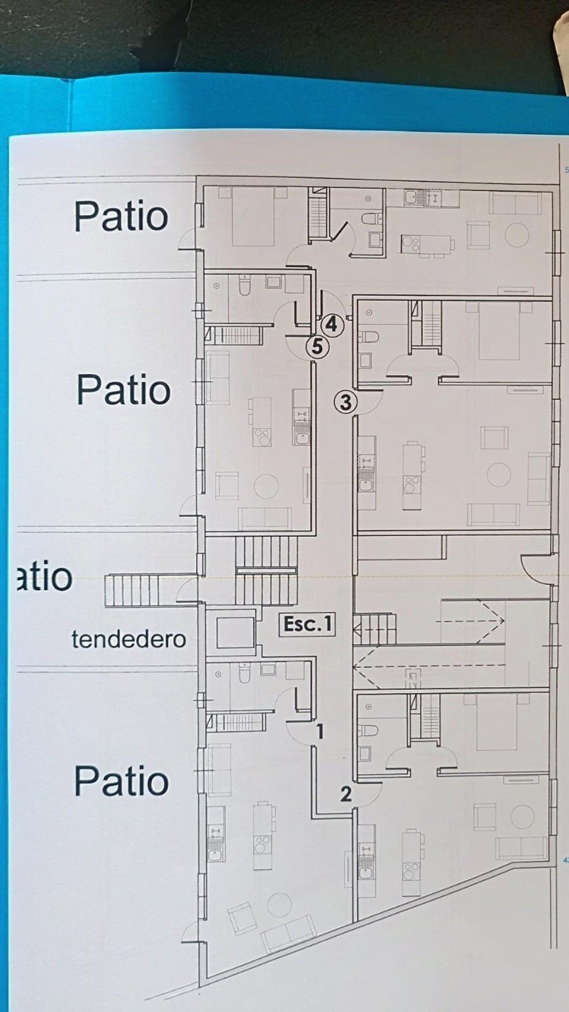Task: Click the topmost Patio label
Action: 121,216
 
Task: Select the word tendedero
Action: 129,639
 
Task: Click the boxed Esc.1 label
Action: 307,624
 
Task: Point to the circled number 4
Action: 331,324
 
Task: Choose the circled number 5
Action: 317,347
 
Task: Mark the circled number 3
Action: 345,402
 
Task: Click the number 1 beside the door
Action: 320,731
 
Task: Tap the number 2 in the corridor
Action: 345,794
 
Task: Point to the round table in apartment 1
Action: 279,905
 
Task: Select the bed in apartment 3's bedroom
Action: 499,330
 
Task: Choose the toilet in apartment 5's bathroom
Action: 245,285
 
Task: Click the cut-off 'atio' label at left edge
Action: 45,576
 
